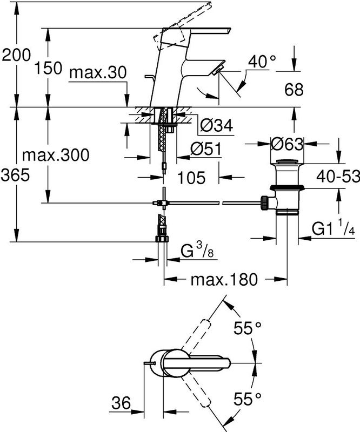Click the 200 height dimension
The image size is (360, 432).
coord(16,55)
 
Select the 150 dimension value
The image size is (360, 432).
coord(48,68)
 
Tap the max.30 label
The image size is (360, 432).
coord(98,73)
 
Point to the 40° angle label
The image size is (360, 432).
coord(262,62)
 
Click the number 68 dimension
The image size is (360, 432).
coord(294,90)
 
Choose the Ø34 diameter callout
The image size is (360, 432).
coord(217,125)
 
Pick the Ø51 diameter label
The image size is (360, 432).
coord(206,149)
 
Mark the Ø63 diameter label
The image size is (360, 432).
coord(287,144)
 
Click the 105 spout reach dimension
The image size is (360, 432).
coord(191,178)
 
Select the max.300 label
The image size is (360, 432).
coord(56,155)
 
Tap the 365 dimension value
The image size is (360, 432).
coord(15,175)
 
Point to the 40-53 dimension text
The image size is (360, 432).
coord(338,176)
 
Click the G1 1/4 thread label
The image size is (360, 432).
coord(333,228)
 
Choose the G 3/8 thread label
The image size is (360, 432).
coord(197,251)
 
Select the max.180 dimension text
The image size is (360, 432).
coord(224,280)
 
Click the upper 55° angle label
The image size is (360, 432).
coord(248,328)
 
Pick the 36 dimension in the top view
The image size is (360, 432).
coord(121,403)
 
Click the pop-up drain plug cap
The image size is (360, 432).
coord(287,161)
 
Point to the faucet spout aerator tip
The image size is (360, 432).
coord(219,68)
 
